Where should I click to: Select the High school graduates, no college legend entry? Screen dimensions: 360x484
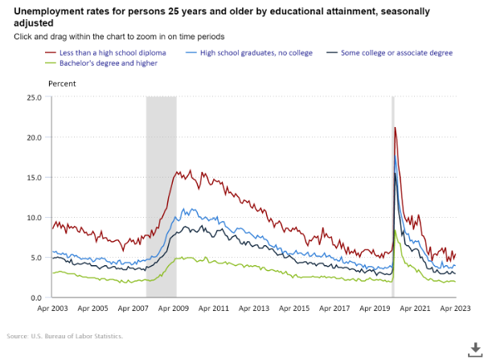[x=254, y=52]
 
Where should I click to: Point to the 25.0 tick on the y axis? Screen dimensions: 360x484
[x=34, y=97]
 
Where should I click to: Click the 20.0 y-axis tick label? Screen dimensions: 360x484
[x=34, y=137]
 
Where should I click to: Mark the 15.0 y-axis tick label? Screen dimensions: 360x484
[x=34, y=178]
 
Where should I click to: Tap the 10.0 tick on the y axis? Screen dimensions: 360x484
[x=34, y=218]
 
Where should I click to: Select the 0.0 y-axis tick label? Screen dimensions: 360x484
[x=36, y=298]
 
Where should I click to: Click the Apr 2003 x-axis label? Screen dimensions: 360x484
[x=52, y=309]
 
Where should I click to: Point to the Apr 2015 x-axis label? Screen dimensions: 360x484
[x=295, y=309]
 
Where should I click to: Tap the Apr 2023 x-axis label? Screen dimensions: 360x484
[x=457, y=309]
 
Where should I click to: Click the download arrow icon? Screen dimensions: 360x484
[x=474, y=347]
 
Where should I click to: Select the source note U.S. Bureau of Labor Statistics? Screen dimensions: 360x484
[x=64, y=336]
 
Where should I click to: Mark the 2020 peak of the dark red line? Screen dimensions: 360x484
[x=395, y=128]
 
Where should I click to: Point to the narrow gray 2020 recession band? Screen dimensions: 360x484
[x=393, y=201]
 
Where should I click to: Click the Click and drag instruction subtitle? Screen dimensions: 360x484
[x=119, y=37]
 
